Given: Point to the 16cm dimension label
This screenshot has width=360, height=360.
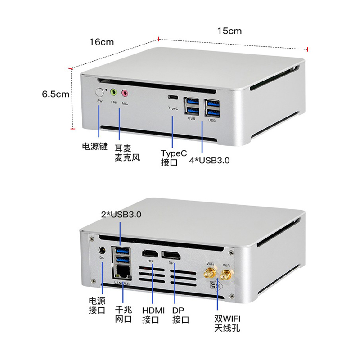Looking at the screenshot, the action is [101, 42].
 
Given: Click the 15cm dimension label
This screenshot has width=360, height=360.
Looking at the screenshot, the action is [229, 31].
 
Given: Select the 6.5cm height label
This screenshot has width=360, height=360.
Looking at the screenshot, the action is [55, 94].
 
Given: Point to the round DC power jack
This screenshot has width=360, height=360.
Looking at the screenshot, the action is [101, 249].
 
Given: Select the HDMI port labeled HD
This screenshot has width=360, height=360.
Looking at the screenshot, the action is [149, 254].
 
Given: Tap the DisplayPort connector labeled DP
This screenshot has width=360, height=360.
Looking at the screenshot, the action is [171, 255].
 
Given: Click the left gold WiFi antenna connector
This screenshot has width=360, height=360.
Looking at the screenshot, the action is [210, 273].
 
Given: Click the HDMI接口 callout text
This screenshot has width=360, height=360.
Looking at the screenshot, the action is [153, 315].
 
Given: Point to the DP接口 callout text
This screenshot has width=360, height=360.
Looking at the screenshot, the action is [181, 315].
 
